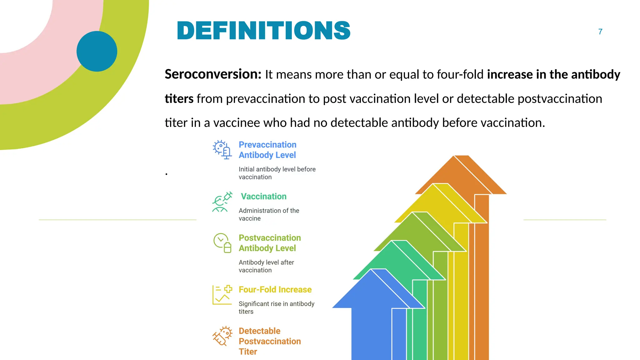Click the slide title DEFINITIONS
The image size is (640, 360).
point(263,31)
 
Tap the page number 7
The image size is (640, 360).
point(600,32)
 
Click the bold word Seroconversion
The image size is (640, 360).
point(213,74)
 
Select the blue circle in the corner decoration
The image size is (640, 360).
point(97,51)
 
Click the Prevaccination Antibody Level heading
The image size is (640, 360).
point(267,150)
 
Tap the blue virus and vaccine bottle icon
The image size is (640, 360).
point(222,149)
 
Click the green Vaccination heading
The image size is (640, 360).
point(263,196)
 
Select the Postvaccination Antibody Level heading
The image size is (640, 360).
point(269,243)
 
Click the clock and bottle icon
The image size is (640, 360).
point(222,243)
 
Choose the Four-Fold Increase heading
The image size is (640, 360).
point(275,289)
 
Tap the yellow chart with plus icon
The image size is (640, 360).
point(222,295)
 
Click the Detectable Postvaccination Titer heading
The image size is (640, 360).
point(269,341)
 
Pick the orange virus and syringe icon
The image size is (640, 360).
point(222,336)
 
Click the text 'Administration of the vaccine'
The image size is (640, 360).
point(269,214)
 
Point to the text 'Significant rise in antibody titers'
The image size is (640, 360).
point(276,307)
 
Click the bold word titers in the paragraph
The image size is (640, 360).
point(179,99)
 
